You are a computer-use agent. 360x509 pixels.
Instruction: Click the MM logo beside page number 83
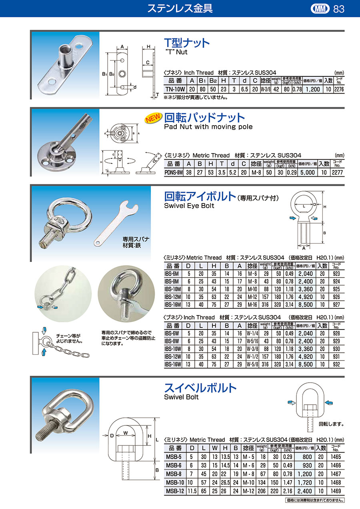tap(320, 9)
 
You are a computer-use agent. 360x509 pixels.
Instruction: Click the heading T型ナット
tap(186, 43)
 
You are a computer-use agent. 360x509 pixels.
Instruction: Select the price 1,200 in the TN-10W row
tap(313, 89)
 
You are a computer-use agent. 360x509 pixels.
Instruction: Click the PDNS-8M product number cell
tap(174, 172)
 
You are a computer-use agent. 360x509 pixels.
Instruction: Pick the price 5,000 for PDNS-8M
tap(308, 172)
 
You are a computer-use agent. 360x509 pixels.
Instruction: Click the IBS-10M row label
tap(173, 289)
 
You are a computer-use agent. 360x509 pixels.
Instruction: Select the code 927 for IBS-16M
tap(336, 305)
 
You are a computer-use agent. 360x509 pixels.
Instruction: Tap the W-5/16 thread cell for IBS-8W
tap(252, 341)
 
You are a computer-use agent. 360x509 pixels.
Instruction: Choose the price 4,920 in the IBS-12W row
tap(306, 357)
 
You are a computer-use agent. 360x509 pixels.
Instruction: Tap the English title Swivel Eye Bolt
tap(189, 206)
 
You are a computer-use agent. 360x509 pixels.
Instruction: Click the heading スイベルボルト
tap(200, 388)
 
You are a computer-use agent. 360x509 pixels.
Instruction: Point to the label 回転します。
tap(331, 424)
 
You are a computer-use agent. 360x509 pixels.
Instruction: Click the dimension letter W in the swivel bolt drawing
tap(126, 433)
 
